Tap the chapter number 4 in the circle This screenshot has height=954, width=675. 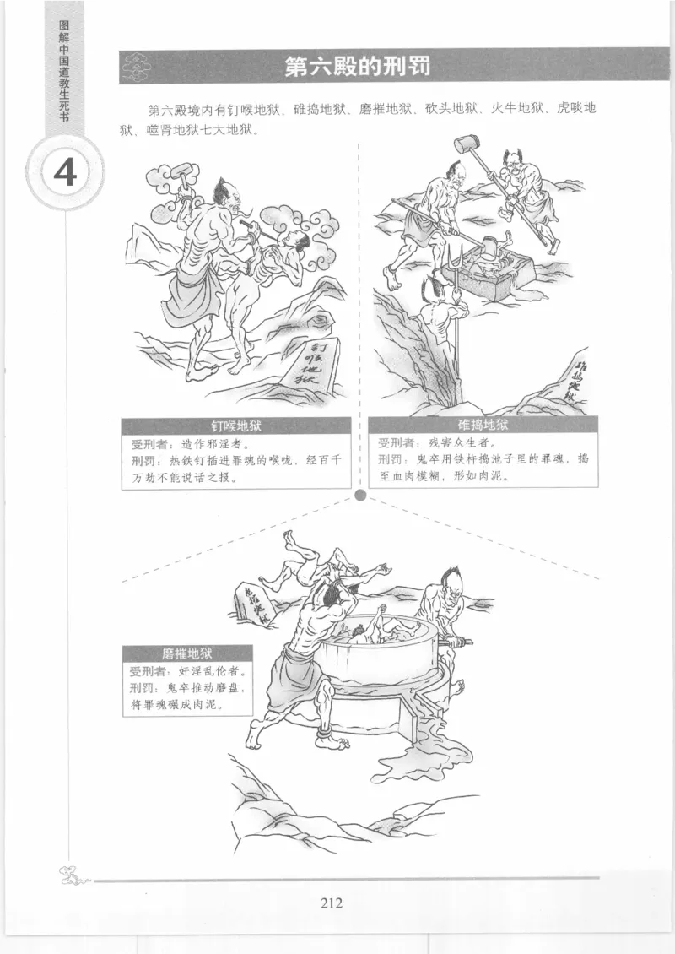(x=66, y=172)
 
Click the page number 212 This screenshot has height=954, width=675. (x=332, y=903)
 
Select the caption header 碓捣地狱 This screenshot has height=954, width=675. (x=483, y=425)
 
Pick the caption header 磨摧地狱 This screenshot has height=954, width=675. (x=187, y=653)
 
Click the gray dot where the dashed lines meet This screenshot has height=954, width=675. (x=360, y=495)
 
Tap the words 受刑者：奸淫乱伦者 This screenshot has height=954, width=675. (x=187, y=672)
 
